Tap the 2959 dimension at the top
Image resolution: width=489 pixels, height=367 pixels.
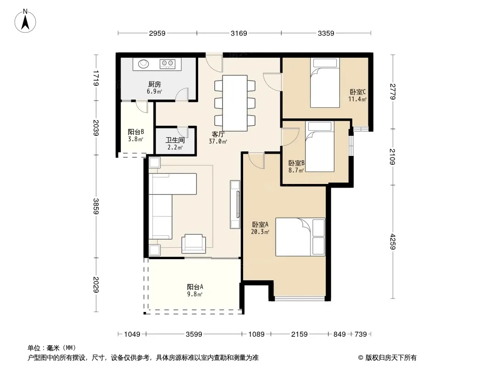click(x=157, y=33)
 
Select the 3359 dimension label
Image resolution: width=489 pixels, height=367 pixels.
click(x=326, y=33)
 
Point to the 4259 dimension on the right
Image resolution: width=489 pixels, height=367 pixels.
click(x=392, y=242)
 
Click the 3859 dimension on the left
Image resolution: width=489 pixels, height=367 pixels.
click(x=96, y=206)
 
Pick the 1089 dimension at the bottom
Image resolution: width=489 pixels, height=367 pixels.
click(x=256, y=334)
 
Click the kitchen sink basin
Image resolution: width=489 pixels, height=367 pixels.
click(x=144, y=64)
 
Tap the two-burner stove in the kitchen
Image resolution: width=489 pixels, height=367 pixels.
click(x=168, y=64)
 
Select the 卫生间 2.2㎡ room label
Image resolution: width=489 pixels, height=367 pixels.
click(x=175, y=144)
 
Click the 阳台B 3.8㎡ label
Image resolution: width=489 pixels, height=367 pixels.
click(x=136, y=136)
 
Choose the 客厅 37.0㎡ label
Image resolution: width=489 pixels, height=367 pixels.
click(x=218, y=138)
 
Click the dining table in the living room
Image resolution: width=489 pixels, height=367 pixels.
click(x=235, y=103)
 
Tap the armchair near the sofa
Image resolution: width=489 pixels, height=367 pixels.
click(x=194, y=243)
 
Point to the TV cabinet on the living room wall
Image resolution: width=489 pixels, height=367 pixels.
click(x=235, y=205)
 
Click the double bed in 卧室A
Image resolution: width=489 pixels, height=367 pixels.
click(x=300, y=237)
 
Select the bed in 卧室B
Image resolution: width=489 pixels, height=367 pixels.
click(x=320, y=146)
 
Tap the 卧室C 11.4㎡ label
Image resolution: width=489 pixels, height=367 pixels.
click(x=357, y=95)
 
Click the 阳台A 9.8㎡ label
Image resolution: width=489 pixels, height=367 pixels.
click(x=195, y=290)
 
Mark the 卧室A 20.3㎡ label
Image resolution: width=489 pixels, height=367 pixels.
click(x=260, y=228)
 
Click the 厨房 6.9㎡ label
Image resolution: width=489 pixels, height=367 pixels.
click(x=155, y=88)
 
